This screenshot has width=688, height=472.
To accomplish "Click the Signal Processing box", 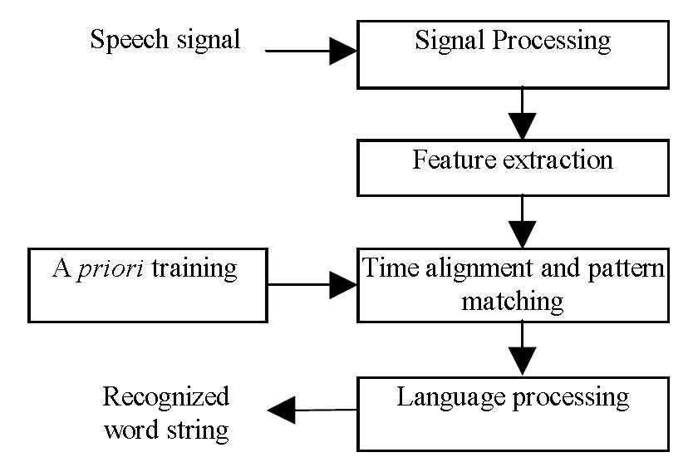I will point(513,54).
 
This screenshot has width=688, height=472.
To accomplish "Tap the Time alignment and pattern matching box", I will point(513,284).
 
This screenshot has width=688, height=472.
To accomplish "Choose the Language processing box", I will point(513,414).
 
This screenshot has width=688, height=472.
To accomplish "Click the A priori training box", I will point(147,284).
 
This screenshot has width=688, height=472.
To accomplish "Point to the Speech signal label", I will point(165,40).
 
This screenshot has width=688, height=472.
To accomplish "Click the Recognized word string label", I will point(165,412).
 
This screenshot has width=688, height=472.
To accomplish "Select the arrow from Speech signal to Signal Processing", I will point(311,51).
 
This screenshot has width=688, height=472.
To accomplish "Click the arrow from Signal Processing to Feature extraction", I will point(522,114).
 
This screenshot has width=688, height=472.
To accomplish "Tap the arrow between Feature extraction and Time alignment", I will point(522,221).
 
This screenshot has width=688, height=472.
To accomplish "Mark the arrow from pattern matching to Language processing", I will point(522,349).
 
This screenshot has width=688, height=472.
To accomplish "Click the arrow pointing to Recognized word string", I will point(312,410).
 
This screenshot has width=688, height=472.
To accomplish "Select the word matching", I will point(513,300).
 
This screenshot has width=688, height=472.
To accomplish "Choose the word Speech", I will point(125,40).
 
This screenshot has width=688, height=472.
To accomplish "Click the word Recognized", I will point(165,396).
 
